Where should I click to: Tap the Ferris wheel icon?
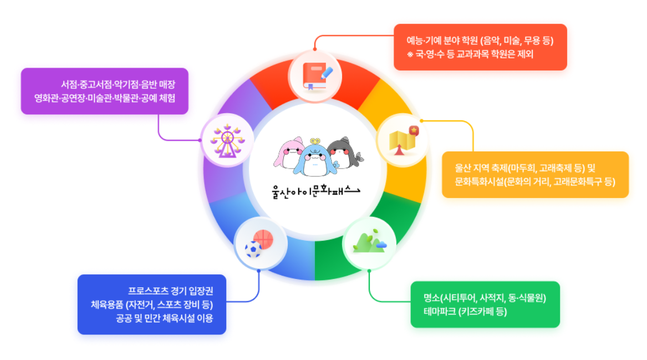pyautogui.click(x=227, y=141)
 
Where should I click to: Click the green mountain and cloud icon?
pyautogui.click(x=369, y=242)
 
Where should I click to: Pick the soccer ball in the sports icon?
pyautogui.click(x=253, y=249)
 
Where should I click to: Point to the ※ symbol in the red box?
pyautogui.click(x=410, y=54)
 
